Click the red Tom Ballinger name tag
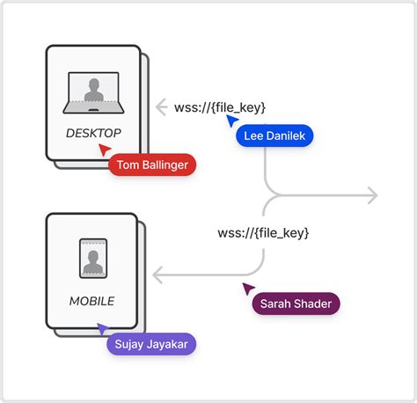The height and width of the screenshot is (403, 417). tap(151, 165)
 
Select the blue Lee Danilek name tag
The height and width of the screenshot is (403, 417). tap(274, 136)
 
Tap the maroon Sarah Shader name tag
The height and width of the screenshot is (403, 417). tap(295, 304)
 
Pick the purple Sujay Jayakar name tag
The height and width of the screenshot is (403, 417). tap(150, 343)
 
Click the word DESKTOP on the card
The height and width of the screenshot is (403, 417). tap(92, 133)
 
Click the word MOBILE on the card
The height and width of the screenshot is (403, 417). tap(92, 301)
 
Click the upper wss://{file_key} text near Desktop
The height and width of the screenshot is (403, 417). tap(220, 107)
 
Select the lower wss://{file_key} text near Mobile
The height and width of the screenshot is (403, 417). tap(263, 233)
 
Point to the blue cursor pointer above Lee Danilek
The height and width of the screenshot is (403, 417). tap(231, 120)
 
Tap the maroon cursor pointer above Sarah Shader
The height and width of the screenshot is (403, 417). tap(248, 288)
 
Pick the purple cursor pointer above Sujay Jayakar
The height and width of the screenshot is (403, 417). tap(104, 327)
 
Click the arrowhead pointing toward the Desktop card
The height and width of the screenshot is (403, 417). tap(160, 107)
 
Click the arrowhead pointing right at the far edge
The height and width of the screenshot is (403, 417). tap(373, 195)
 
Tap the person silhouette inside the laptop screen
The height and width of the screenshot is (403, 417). tap(92, 90)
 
